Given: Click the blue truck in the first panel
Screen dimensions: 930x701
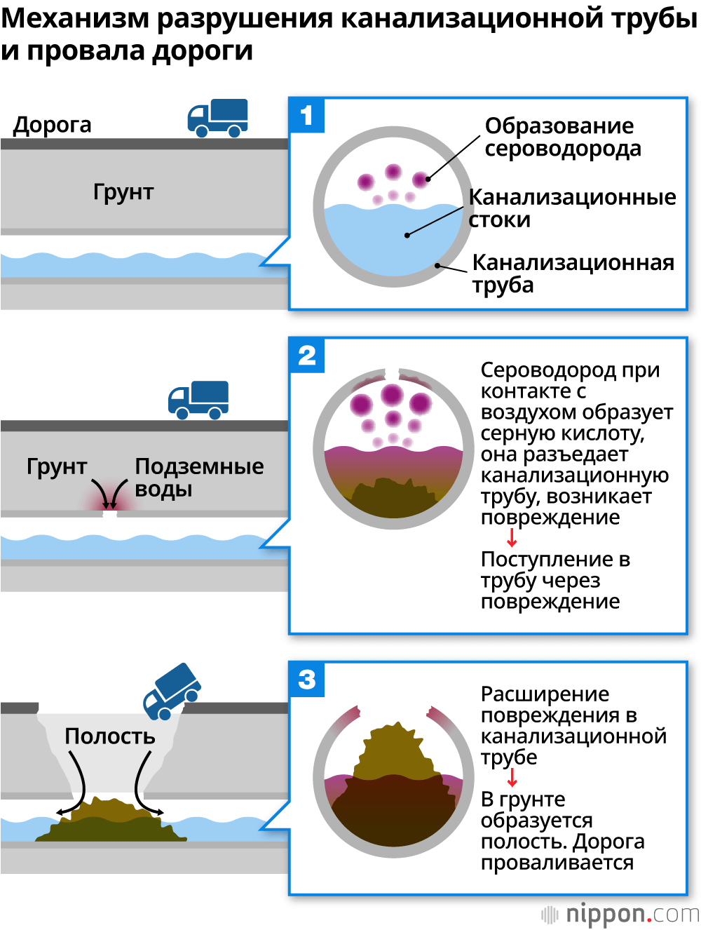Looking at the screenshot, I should coord(218,117).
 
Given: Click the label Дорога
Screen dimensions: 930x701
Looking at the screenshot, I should coord(53,125).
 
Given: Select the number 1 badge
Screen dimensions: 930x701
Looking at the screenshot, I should coord(306,115).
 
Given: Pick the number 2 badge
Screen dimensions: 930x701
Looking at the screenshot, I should coord(306,356).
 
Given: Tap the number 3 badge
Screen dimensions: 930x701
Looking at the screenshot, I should coord(306,680).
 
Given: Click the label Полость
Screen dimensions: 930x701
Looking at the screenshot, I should coord(110,736).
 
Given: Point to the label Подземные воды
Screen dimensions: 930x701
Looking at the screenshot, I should coord(198,477).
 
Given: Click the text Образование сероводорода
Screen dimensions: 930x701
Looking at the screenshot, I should coord(562,137).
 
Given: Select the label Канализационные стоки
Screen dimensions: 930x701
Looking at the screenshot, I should coord(571,208).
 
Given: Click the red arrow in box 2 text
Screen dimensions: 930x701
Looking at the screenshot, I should coord(512,538).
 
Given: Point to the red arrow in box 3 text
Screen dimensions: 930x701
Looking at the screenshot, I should coord(512,778).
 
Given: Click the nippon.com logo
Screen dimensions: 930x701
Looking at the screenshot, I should coord(620,914).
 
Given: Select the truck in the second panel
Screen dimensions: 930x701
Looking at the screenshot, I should coord(198,400).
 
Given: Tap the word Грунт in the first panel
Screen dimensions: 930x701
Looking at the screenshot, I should coord(123,192).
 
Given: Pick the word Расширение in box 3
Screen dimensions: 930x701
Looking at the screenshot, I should coord(545,694).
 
